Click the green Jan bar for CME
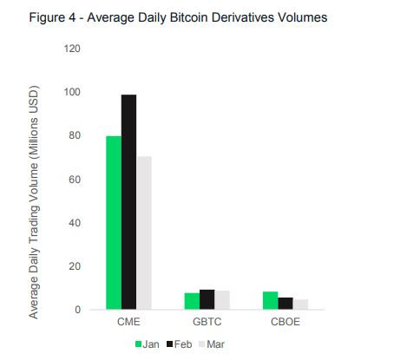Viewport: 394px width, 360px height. coord(114,223)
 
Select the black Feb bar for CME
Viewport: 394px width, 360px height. coord(128,202)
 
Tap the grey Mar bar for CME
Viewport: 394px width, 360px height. coord(144,232)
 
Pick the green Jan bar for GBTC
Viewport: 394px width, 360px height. coord(192,301)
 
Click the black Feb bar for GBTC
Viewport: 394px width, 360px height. coord(207,299)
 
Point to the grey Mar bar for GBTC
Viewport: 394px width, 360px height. coord(222,300)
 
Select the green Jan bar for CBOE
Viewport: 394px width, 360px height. coord(271,300)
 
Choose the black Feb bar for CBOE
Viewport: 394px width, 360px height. coord(286,304)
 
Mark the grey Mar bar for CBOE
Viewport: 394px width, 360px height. coord(300,304)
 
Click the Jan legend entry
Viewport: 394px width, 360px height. coord(148,344)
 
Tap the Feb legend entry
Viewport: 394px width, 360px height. coord(180,344)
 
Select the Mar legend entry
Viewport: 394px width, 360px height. coord(212,344)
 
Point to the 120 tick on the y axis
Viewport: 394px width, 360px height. coord(72,49)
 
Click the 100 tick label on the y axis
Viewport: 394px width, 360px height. coord(72,92)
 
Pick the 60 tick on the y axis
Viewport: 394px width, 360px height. coord(75,180)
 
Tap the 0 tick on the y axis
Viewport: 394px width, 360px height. coord(77,310)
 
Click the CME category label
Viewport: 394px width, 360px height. coord(128,322)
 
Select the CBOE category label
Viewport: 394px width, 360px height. coord(286,322)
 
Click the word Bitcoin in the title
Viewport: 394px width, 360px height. coord(189,17)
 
